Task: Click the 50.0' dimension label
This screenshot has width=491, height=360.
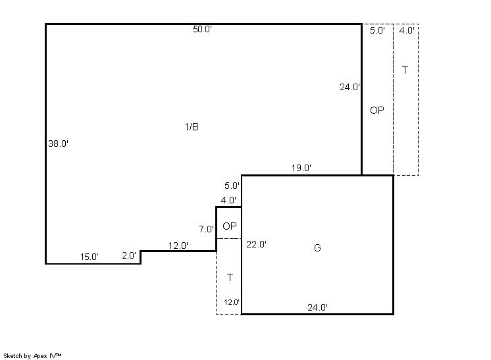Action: click(x=202, y=30)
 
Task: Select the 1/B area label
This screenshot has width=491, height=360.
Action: click(x=192, y=127)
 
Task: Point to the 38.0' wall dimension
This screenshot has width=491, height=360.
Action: click(x=58, y=143)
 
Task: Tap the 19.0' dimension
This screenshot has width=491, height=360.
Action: click(x=301, y=168)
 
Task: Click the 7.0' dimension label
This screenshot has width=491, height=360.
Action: click(x=207, y=229)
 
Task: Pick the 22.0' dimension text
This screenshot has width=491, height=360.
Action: click(x=256, y=244)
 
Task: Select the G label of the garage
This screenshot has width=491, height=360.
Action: click(x=317, y=248)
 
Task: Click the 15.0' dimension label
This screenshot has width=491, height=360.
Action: click(x=90, y=257)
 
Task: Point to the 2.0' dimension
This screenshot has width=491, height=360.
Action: click(x=129, y=256)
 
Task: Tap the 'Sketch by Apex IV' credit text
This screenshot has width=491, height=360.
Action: click(x=32, y=356)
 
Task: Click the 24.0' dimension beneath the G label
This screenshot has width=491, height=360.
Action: click(x=317, y=308)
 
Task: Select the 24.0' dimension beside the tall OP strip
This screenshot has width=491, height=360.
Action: click(x=349, y=87)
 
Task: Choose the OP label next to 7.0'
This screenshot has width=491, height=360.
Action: click(x=230, y=226)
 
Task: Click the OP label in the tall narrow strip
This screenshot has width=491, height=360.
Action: click(x=377, y=110)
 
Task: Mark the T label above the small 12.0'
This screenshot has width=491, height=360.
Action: click(x=230, y=277)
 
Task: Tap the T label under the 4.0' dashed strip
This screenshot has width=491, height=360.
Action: click(x=405, y=70)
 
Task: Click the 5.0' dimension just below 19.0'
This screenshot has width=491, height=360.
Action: click(x=232, y=186)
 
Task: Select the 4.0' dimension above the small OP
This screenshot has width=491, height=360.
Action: click(x=228, y=200)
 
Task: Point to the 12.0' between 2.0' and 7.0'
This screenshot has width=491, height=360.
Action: click(x=178, y=245)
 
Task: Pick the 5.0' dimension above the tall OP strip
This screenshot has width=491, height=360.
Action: click(x=377, y=31)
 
